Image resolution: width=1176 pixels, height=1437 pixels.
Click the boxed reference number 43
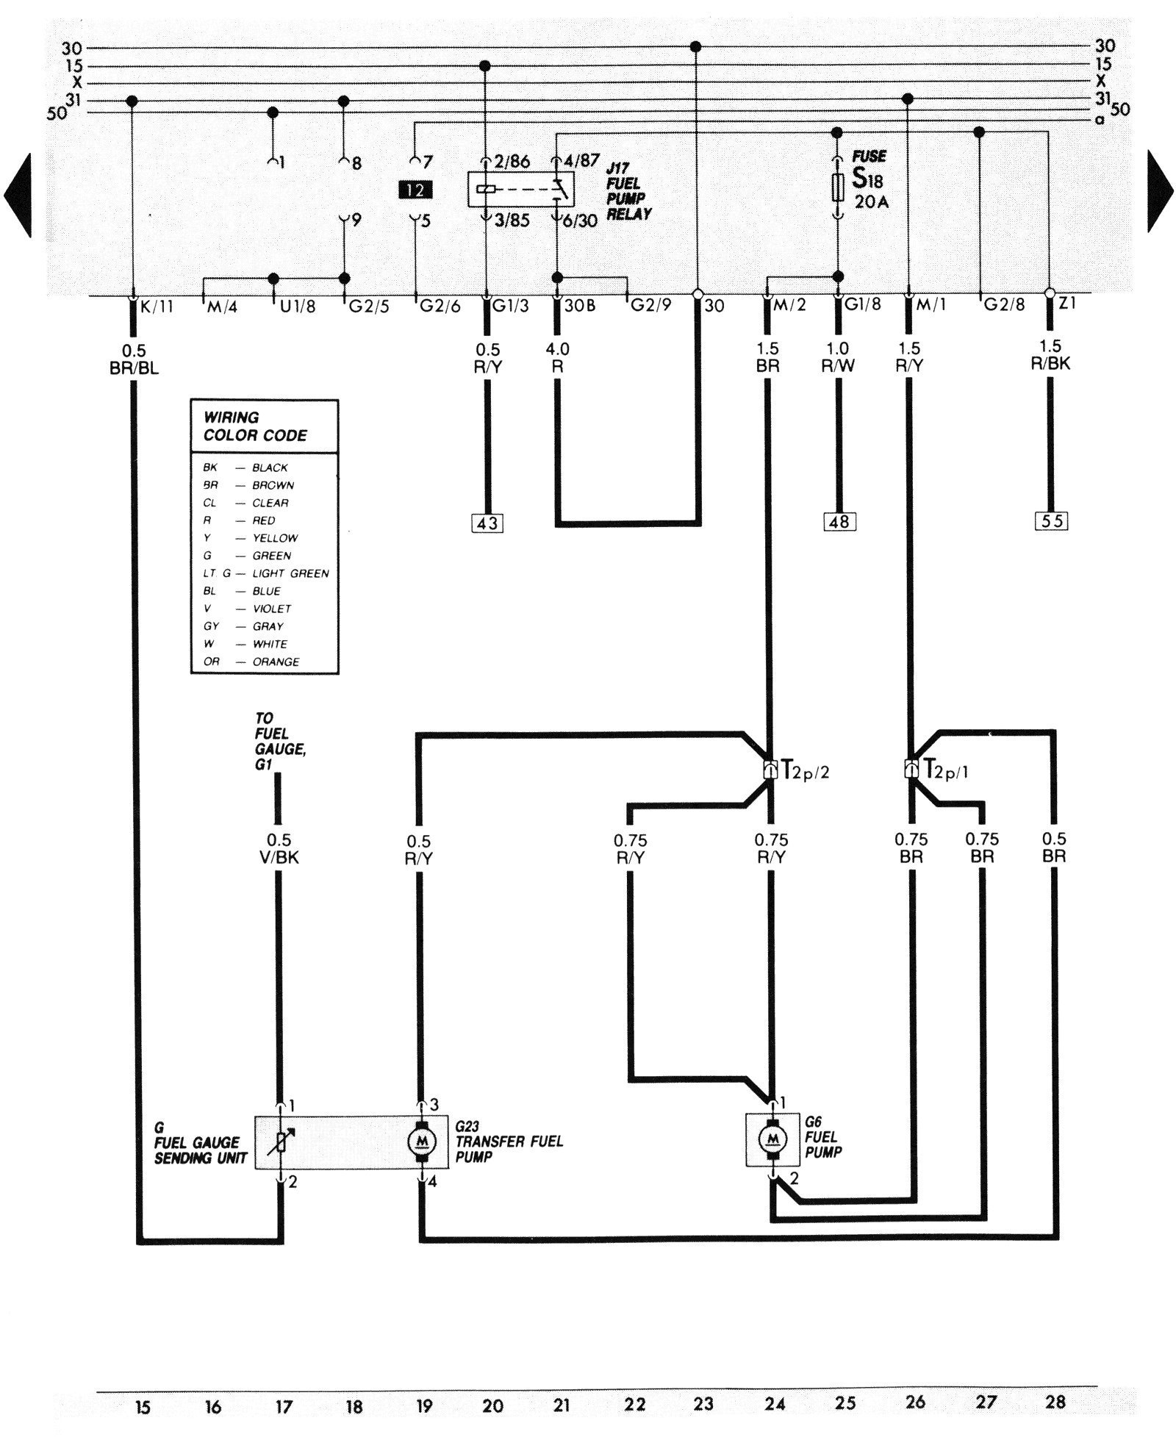coord(487,523)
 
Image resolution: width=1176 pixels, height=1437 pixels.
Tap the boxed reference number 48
coord(839,522)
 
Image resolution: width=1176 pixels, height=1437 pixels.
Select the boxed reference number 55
coord(1050,521)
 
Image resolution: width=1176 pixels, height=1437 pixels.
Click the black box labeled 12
coord(415,190)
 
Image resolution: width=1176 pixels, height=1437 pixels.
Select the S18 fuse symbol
coord(837,188)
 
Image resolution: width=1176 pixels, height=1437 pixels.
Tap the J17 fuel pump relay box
coord(521,190)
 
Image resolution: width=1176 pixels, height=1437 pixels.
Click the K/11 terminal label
coord(156,307)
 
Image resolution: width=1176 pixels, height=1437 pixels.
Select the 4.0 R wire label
coord(557,358)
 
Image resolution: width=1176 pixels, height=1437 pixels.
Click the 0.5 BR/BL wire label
coord(134,359)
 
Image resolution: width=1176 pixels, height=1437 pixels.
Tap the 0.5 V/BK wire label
coord(279,849)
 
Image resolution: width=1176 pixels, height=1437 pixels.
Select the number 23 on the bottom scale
coord(703,1404)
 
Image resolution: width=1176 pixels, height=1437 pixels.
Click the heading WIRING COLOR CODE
coord(255,426)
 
